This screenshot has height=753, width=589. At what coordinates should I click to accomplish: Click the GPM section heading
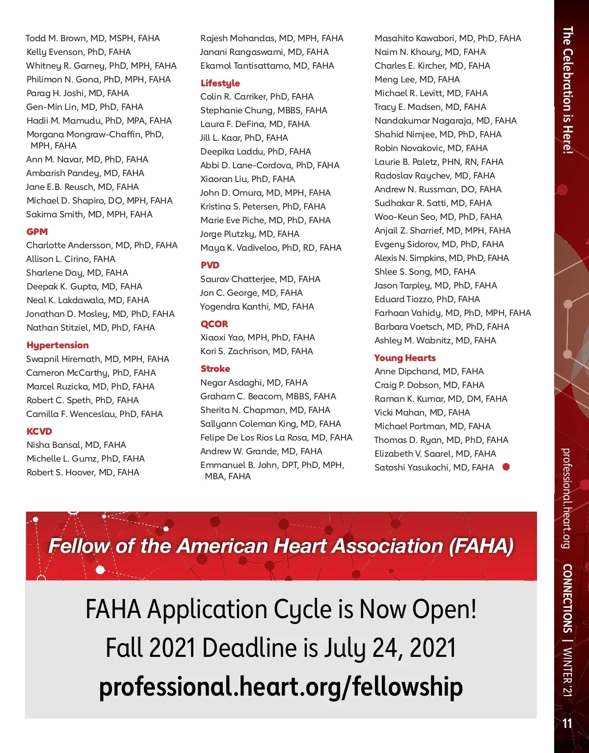pyautogui.click(x=37, y=232)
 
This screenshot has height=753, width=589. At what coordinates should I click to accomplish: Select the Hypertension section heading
pyautogui.click(x=57, y=345)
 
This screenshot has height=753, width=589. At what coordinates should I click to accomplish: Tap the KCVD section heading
pyautogui.click(x=39, y=431)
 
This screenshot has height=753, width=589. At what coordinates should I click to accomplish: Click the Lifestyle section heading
pyautogui.click(x=220, y=83)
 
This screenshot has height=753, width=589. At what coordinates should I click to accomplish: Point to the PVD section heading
pyautogui.click(x=210, y=265)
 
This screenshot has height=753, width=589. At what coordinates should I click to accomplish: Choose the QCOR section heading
pyautogui.click(x=214, y=324)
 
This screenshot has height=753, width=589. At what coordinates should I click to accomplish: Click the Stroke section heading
pyautogui.click(x=215, y=368)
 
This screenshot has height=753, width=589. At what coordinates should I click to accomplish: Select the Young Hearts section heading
pyautogui.click(x=405, y=358)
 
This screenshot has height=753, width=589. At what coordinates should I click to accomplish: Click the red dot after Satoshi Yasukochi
pyautogui.click(x=506, y=467)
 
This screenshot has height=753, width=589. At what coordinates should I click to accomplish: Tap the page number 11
pyautogui.click(x=567, y=724)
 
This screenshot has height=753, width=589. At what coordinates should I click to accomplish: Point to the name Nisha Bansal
pyautogui.click(x=54, y=445)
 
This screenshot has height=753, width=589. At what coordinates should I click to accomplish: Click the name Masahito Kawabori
pyautogui.click(x=415, y=38)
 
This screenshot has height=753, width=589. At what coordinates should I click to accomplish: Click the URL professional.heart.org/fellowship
pyautogui.click(x=281, y=687)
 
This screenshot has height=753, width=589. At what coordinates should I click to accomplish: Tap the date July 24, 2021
pyautogui.click(x=390, y=648)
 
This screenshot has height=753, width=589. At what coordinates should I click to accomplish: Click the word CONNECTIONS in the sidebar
pyautogui.click(x=567, y=598)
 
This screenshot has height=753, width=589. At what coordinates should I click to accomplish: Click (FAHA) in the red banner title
pyautogui.click(x=481, y=546)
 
